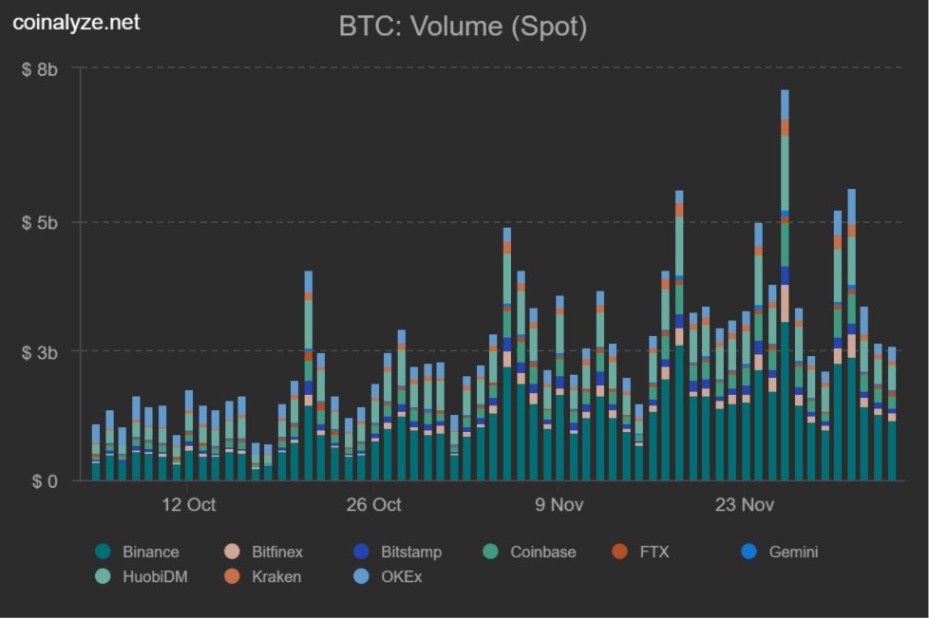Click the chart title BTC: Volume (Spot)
click(463, 27)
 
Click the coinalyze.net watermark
click(76, 22)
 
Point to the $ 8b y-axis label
click(40, 69)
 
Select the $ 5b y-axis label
click(40, 223)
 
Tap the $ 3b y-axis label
click(40, 352)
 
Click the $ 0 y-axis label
click(45, 481)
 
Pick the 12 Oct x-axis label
click(188, 505)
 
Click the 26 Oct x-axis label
click(373, 505)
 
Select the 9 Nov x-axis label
click(559, 505)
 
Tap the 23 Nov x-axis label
click(744, 505)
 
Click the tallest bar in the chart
click(785, 285)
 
